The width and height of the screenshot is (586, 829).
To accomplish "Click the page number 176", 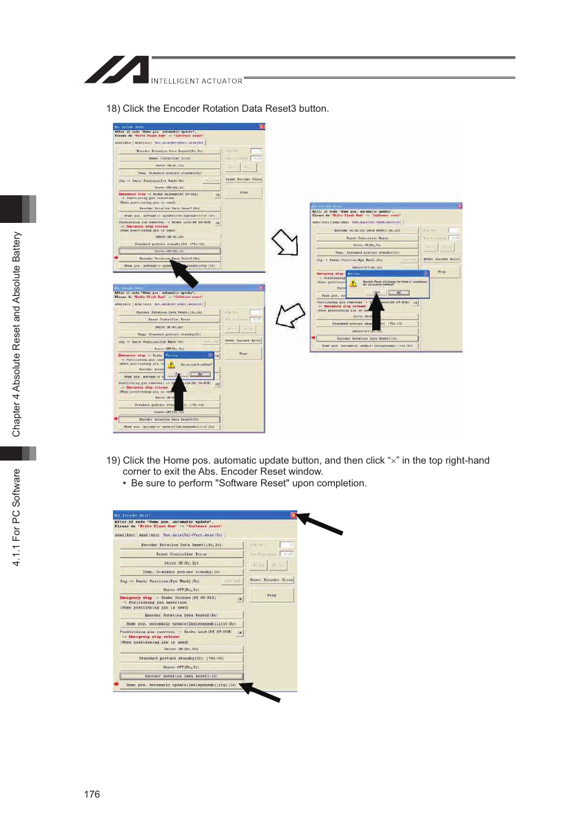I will pyautogui.click(x=92, y=794).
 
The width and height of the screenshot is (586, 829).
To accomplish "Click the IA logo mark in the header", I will pyautogui.click(x=117, y=69).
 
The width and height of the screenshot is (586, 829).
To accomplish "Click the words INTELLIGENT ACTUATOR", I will pyautogui.click(x=197, y=81).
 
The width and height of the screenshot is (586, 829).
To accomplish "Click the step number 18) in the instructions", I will pyautogui.click(x=113, y=109).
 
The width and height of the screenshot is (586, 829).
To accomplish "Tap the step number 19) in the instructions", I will pyautogui.click(x=113, y=461).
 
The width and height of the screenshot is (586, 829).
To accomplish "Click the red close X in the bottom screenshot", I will pyautogui.click(x=294, y=515).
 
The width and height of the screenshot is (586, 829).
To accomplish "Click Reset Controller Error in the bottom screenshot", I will pyautogui.click(x=181, y=554).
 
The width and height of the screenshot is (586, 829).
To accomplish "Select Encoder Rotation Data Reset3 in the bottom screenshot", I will pyautogui.click(x=181, y=676).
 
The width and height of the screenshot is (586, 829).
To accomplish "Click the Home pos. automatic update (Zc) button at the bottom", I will pyautogui.click(x=181, y=685).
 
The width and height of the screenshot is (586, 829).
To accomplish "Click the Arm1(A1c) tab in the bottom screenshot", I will pyautogui.click(x=125, y=535).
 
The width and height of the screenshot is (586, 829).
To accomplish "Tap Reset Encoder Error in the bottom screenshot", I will pyautogui.click(x=272, y=580).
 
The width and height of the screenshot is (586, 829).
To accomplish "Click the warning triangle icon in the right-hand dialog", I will pyautogui.click(x=353, y=284).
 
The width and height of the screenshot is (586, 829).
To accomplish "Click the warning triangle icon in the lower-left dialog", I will pyautogui.click(x=171, y=365).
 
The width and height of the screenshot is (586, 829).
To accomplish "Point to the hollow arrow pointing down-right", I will pyautogui.click(x=285, y=243).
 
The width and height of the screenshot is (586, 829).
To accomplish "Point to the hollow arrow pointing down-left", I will pyautogui.click(x=290, y=316).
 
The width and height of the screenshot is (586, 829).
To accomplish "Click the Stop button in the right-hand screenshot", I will pyautogui.click(x=442, y=271).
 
